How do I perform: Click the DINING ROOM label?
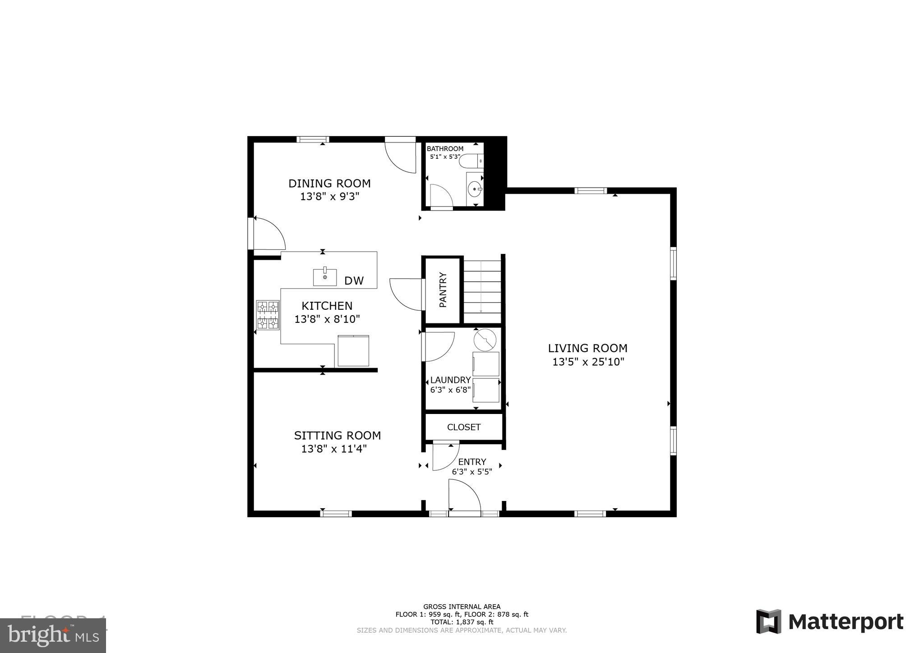329,184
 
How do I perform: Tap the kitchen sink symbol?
325,277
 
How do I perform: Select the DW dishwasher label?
354,281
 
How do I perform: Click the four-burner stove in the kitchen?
268,315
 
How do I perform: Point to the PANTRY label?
443,290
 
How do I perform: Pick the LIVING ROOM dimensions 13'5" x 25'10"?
588,362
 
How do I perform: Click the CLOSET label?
464,427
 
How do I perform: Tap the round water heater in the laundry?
485,340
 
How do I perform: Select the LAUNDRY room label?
450,380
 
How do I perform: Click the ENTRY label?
472,462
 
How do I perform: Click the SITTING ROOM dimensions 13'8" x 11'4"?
334,449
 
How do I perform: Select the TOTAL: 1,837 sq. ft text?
462,622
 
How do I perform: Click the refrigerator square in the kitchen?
353,350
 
